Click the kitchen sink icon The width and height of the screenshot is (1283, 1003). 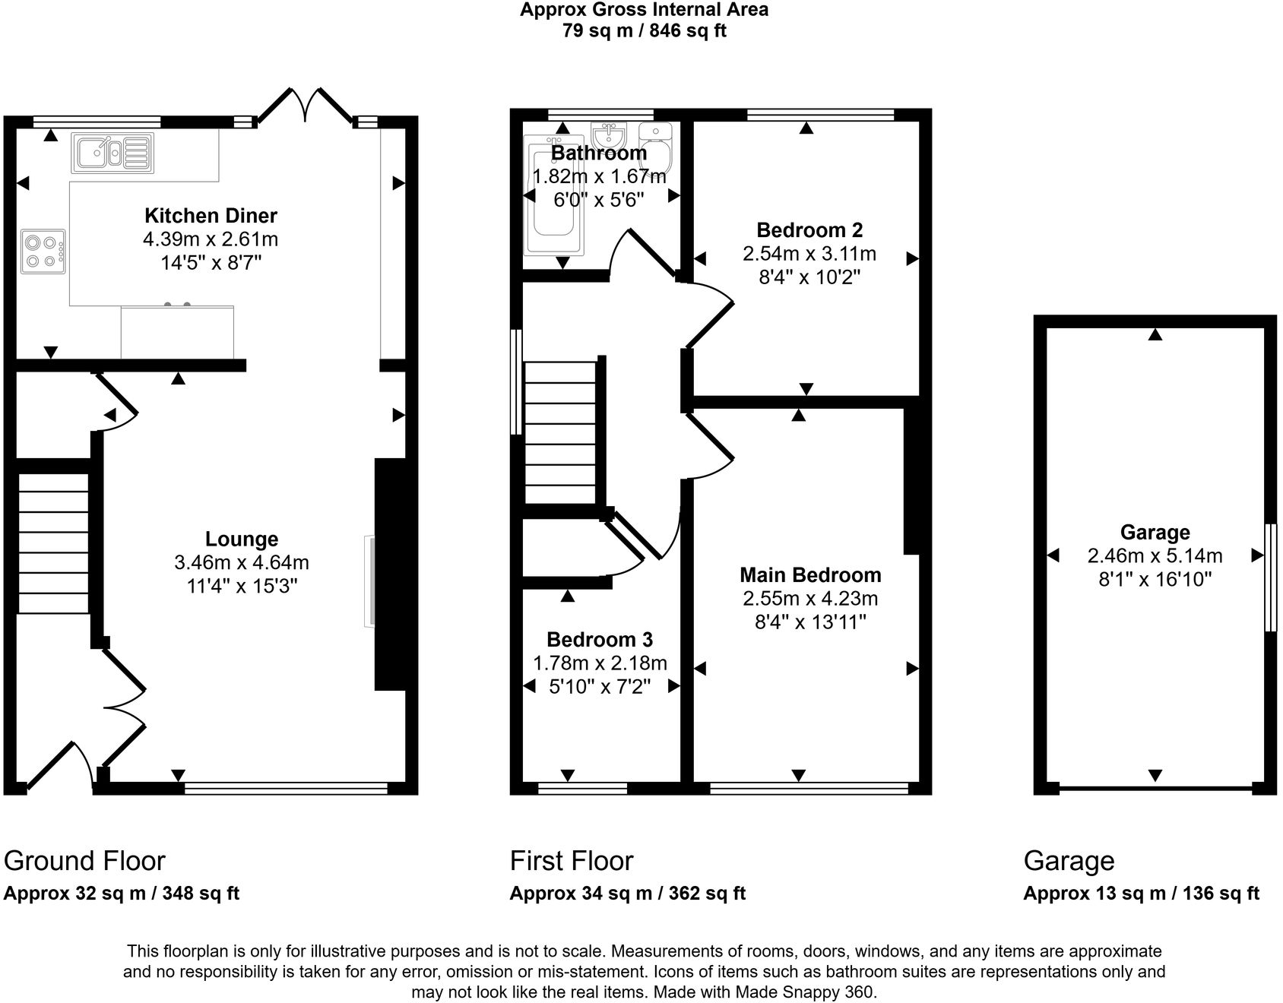[x=112, y=151]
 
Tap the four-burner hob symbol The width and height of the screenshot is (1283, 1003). [x=42, y=252]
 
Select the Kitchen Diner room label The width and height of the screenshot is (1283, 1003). [x=211, y=215]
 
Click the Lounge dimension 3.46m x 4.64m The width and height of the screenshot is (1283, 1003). [x=241, y=563]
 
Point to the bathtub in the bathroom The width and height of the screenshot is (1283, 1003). [x=556, y=196]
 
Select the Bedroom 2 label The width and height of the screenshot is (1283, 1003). [x=809, y=229]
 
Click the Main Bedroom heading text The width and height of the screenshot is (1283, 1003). [x=810, y=574]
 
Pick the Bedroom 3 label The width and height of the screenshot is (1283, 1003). [x=600, y=639]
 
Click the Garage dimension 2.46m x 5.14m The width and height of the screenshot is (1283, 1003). [x=1155, y=555]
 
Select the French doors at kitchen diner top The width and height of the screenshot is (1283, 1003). [x=306, y=106]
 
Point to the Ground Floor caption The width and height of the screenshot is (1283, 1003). [x=84, y=861]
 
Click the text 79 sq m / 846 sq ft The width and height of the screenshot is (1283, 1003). [x=644, y=31]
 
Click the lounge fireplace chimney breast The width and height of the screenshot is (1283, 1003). [x=391, y=574]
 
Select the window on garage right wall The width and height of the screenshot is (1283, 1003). [x=1269, y=577]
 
